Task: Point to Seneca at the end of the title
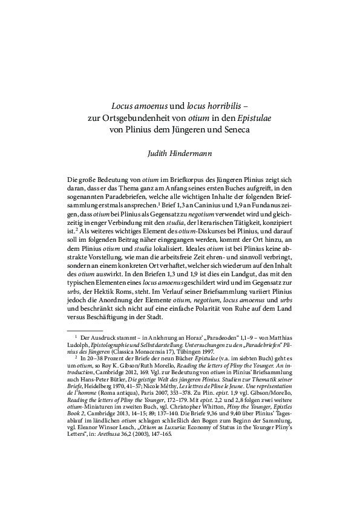(x=235, y=129)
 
